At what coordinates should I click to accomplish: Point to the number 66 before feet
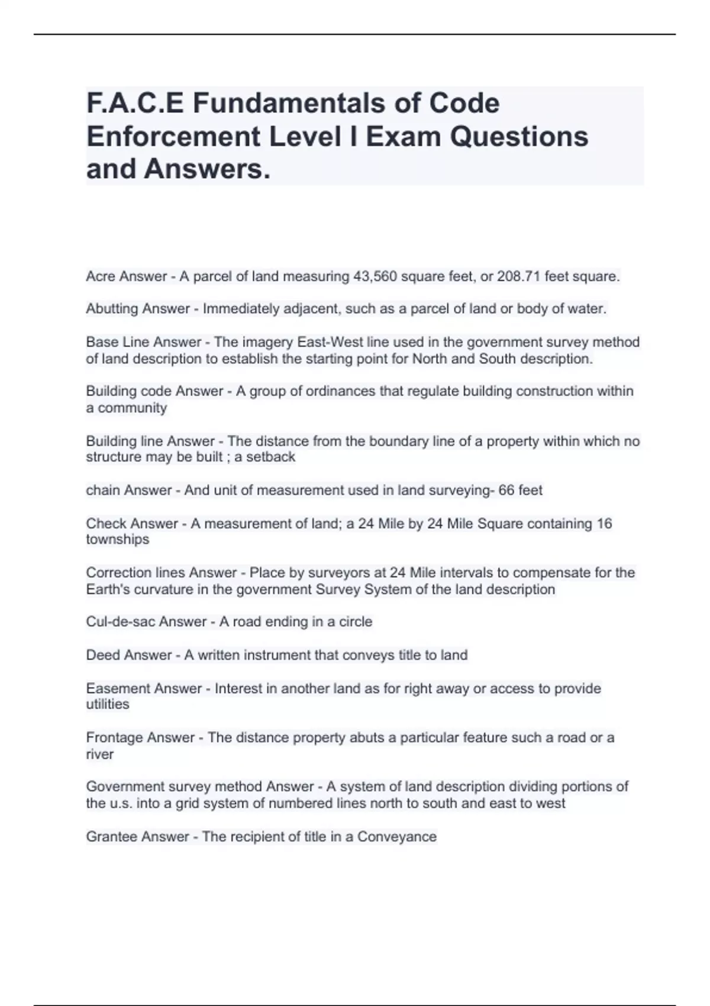(506, 490)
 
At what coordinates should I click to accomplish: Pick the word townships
(117, 539)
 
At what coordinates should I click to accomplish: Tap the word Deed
(102, 655)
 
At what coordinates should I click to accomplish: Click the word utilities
(107, 704)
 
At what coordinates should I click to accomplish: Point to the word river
(99, 754)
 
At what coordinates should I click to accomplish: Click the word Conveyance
(397, 837)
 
